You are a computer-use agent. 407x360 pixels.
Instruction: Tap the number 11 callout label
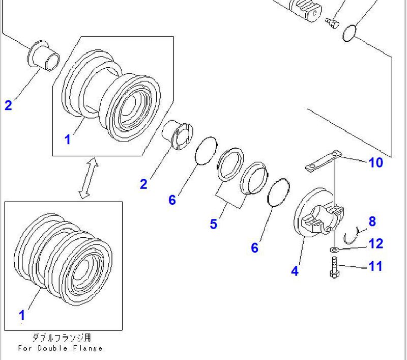pyautogui.click(x=375, y=266)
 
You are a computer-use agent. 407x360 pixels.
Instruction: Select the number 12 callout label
pyautogui.click(x=375, y=244)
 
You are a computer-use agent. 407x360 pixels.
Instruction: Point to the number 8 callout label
pyautogui.click(x=372, y=221)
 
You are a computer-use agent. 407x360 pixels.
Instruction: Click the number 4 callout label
pyautogui.click(x=295, y=271)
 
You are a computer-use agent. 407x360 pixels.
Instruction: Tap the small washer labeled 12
pyautogui.click(x=333, y=250)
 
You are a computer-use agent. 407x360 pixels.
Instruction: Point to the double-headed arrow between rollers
pyautogui.click(x=87, y=178)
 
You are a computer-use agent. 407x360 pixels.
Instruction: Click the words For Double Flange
pyautogui.click(x=60, y=348)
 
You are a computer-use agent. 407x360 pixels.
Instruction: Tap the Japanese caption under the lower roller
pyautogui.click(x=62, y=338)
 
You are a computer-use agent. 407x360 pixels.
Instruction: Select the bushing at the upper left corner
pyautogui.click(x=45, y=55)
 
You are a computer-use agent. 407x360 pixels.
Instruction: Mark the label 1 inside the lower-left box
pyautogui.click(x=21, y=315)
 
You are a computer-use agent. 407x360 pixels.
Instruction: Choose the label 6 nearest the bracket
pyautogui.click(x=254, y=247)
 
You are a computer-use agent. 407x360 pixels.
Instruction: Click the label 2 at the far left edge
pyautogui.click(x=8, y=105)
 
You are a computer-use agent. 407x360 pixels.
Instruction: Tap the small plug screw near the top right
pyautogui.click(x=332, y=22)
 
